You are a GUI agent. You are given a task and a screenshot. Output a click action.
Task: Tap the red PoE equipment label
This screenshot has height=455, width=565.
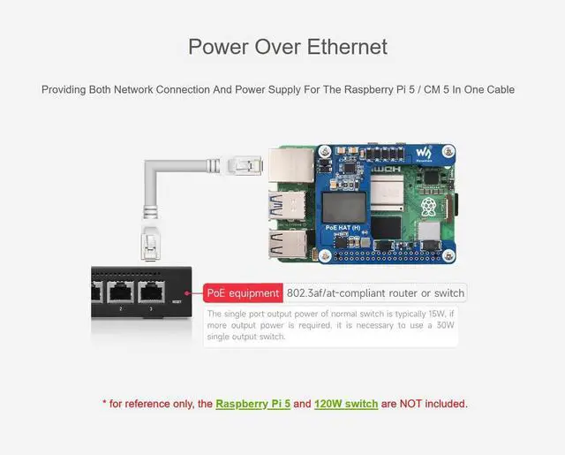[x=242, y=293]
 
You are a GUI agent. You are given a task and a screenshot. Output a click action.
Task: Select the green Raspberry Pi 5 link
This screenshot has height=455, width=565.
[x=253, y=404]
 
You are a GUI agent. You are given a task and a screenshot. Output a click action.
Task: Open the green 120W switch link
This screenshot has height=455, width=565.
[x=346, y=404]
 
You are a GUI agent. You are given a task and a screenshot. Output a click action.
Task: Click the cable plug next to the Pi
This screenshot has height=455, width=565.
[x=243, y=164]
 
